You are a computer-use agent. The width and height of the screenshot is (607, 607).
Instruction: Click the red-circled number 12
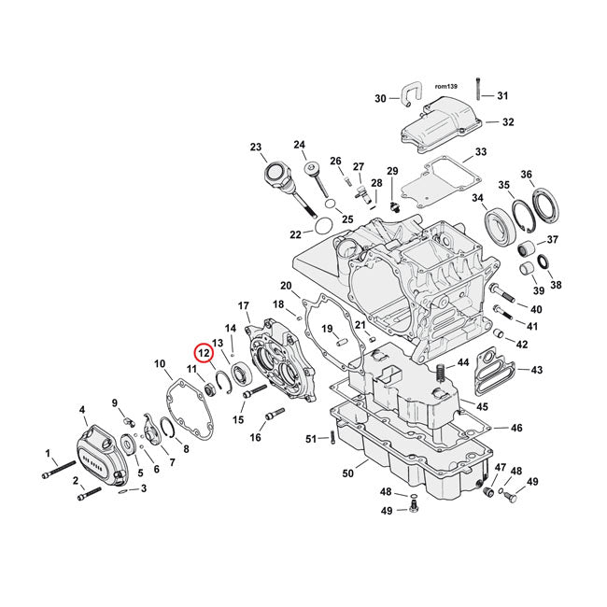point(203,353)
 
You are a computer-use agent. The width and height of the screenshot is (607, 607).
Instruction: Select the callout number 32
point(507,122)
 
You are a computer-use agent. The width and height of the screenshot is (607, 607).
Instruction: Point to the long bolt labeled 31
point(477,88)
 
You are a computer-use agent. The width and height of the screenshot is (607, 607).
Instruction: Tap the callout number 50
point(347,474)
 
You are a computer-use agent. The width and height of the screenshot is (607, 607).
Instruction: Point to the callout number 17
point(244,306)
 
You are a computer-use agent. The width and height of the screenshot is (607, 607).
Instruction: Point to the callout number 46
point(515,428)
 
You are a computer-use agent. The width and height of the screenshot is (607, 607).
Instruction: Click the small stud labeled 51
point(332,438)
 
